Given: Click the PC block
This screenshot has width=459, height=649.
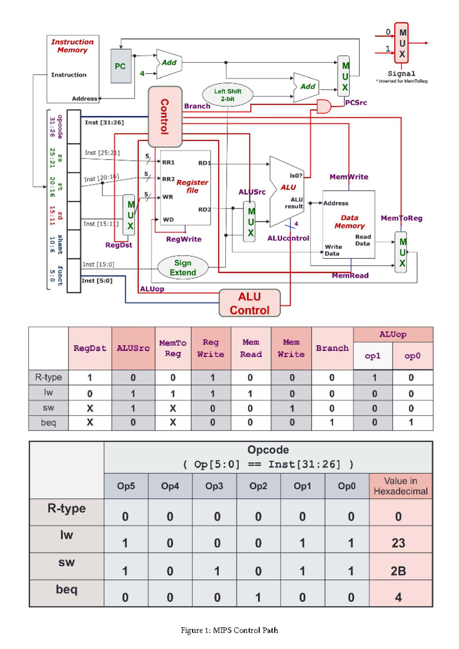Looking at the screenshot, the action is (x=121, y=66).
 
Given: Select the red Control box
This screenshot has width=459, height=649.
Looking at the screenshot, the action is (x=165, y=116).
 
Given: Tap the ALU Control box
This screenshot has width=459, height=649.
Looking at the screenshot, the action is (x=249, y=303).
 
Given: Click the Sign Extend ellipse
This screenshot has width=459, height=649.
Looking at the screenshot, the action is (x=183, y=267).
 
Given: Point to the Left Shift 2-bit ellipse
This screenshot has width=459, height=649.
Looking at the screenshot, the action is (x=228, y=95).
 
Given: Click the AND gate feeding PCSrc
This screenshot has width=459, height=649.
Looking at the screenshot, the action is (x=324, y=107).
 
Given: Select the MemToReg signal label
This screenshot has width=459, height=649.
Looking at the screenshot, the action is (x=401, y=218).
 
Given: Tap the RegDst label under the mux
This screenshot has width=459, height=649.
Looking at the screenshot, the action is (x=119, y=245).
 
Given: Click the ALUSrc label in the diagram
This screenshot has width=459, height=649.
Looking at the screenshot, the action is (x=252, y=192).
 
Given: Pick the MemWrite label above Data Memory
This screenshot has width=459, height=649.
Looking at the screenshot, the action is (x=349, y=177).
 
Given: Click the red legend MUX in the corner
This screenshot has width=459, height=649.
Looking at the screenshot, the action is (x=402, y=43).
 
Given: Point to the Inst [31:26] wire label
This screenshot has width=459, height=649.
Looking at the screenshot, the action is (x=104, y=122).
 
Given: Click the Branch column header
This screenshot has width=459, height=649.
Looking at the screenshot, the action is (x=332, y=348).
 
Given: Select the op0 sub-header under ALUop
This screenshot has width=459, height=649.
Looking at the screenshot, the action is (x=412, y=356).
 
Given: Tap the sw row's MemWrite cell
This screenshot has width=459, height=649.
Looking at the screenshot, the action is (x=291, y=408).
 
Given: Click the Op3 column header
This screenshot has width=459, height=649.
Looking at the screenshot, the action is (x=214, y=486).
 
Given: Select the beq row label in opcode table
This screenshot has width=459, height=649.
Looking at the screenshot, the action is (x=67, y=589).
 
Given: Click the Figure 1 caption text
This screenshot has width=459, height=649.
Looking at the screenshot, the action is (x=229, y=630).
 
